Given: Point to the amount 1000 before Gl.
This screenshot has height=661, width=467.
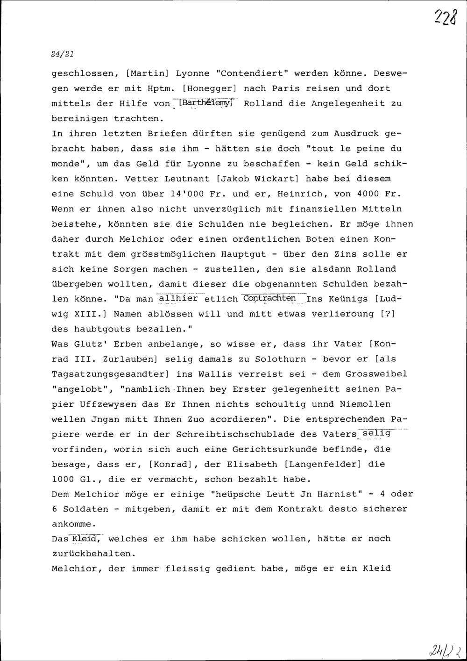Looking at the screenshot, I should (63, 479).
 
